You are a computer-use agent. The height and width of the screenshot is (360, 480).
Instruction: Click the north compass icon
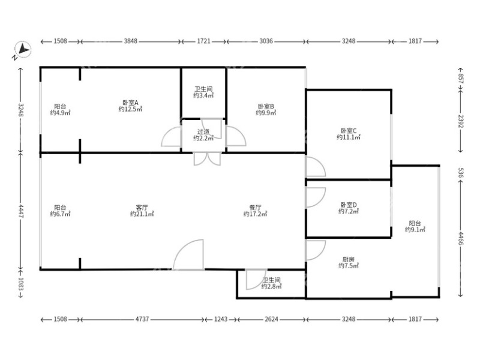(23, 49)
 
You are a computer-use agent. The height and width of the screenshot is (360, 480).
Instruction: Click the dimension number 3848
(130, 41)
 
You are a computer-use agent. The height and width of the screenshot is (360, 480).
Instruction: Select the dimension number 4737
(142, 319)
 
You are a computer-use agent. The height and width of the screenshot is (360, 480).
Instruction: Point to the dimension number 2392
(461, 121)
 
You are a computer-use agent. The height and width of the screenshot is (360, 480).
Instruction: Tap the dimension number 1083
(20, 284)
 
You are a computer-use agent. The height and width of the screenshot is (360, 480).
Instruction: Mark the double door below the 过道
(207, 159)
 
